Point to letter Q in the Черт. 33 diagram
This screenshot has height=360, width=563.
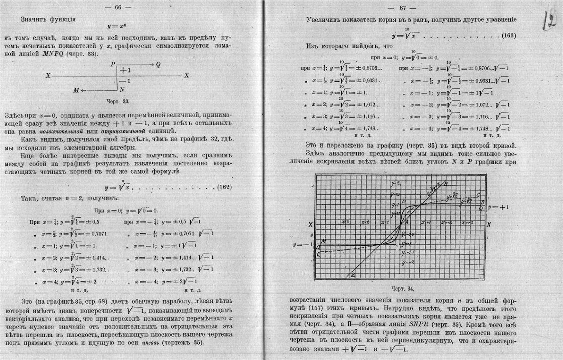(x=158, y=65)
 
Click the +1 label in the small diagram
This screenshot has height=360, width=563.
(x=125, y=70)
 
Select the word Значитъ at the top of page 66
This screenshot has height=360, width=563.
(x=35, y=20)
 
